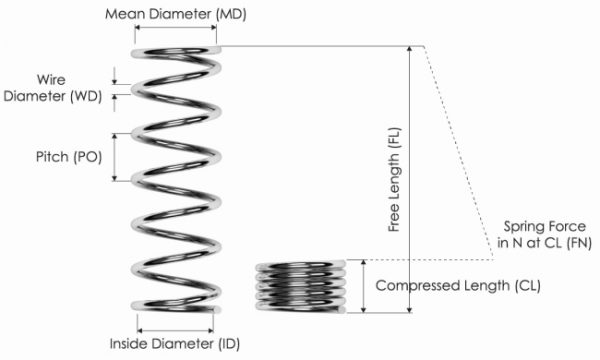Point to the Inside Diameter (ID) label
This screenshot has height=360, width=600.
[176, 345]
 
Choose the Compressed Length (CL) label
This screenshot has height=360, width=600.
[458, 285]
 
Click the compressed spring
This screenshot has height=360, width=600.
[300, 287]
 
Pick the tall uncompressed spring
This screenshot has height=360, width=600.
[176, 180]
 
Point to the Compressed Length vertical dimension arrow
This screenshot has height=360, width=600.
[364, 285]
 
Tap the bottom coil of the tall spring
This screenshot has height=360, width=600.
[176, 305]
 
